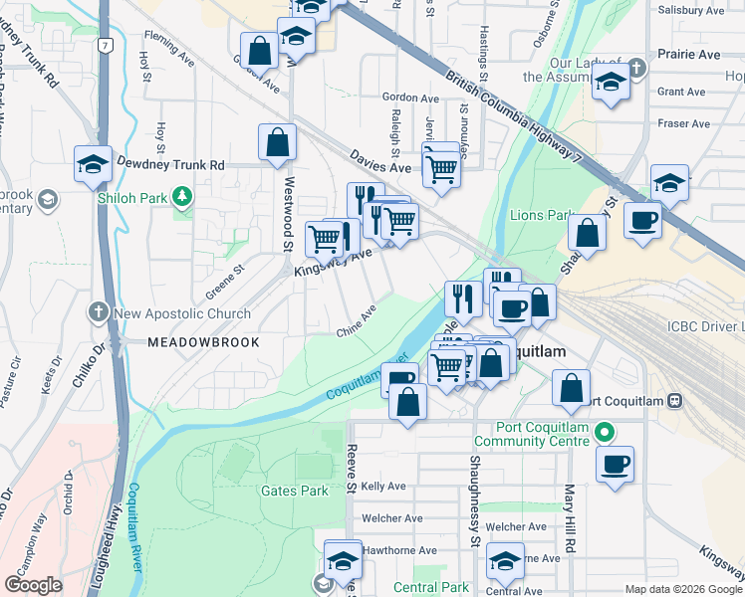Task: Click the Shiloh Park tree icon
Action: [181, 197]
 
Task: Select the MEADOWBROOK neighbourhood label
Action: [203, 342]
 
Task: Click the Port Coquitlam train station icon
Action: [674, 401]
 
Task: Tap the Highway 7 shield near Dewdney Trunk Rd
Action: [106, 45]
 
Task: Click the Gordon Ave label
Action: [409, 99]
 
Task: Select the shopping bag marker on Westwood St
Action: [277, 142]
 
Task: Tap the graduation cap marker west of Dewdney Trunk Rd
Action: [93, 164]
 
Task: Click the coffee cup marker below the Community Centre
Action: [616, 464]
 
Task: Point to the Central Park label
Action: [430, 588]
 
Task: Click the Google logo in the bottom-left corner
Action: [34, 585]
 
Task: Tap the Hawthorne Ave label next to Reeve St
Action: [399, 550]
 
